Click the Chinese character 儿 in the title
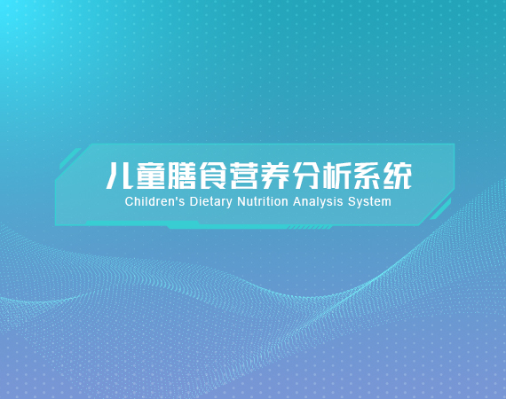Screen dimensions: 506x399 [x=120, y=176]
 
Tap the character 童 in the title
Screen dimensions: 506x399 [x=151, y=176]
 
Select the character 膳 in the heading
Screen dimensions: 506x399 [x=182, y=176]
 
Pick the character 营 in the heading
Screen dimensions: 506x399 [x=243, y=176]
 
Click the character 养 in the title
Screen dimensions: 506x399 [x=274, y=176]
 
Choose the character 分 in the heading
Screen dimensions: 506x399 [x=305, y=176]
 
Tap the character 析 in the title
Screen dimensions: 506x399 [x=336, y=176]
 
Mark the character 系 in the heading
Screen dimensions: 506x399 [x=367, y=176]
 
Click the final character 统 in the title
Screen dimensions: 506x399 [x=397, y=176]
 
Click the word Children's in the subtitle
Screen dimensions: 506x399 [x=154, y=202]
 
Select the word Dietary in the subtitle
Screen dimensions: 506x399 [x=210, y=202]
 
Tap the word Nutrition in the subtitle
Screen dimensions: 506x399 [x=263, y=202]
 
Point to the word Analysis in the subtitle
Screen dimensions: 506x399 [x=318, y=202]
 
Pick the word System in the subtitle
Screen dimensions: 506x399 [x=369, y=202]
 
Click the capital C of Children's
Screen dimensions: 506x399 [x=129, y=202]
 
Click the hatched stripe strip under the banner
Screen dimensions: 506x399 [x=310, y=227]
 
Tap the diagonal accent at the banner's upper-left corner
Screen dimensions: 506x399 [x=70, y=158]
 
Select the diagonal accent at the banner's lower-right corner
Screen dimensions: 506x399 [x=440, y=209]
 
